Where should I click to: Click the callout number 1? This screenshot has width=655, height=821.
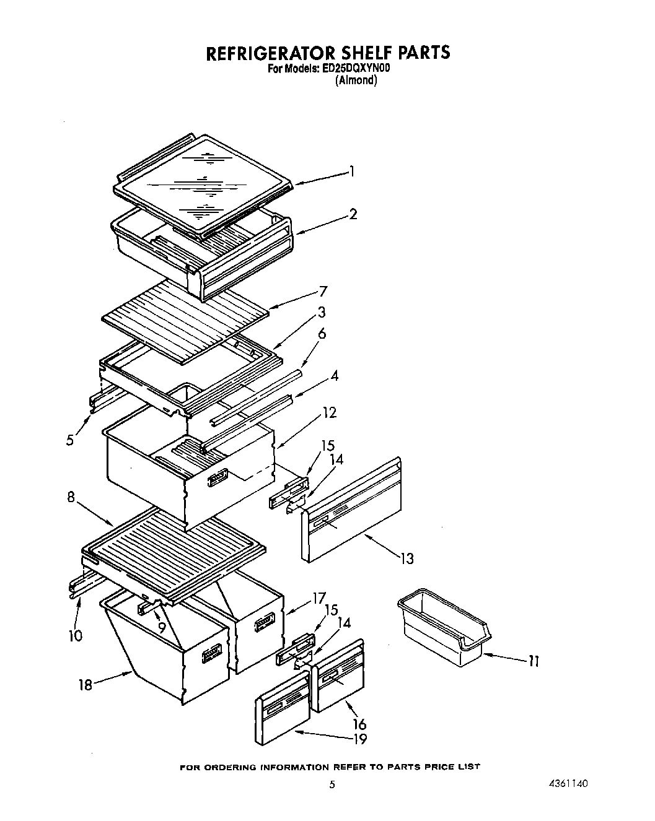pos(352,172)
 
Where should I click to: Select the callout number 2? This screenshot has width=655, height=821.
pos(353,215)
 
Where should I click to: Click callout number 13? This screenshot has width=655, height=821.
pos(407,558)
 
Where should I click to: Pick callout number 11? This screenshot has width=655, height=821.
pos(533,661)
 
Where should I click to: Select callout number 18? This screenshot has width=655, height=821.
pos(85,685)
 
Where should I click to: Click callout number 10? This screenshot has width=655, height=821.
pos(75,635)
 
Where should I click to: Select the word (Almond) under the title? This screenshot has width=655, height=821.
pos(356,80)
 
